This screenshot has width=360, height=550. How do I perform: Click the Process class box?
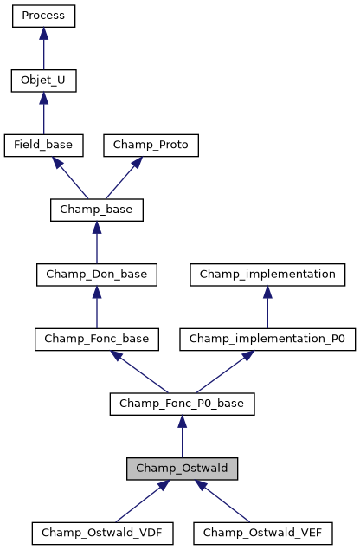click(43, 16)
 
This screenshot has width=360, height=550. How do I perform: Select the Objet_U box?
click(43, 81)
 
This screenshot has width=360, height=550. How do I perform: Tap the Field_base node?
click(43, 146)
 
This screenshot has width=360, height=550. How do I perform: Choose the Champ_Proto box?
click(151, 146)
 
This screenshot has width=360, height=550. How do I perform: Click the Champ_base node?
click(96, 210)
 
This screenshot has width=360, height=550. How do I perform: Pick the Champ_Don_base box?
click(96, 275)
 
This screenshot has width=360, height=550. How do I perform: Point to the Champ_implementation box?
click(267, 275)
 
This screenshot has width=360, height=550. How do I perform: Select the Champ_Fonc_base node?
click(96, 339)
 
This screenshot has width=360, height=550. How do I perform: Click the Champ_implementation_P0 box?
click(267, 339)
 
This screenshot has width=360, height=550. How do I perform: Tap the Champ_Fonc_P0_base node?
click(182, 404)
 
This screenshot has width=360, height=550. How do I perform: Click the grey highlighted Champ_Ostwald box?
click(182, 468)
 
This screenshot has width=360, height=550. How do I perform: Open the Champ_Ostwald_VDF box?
click(96, 533)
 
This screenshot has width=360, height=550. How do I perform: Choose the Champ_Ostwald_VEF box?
click(262, 533)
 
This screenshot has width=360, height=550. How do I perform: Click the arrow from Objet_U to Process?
click(43, 49)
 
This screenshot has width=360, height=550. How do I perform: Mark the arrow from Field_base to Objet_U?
click(43, 113)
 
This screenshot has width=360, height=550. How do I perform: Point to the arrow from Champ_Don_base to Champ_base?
click(96, 243)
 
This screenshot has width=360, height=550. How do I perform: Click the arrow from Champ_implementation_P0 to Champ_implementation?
click(267, 307)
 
